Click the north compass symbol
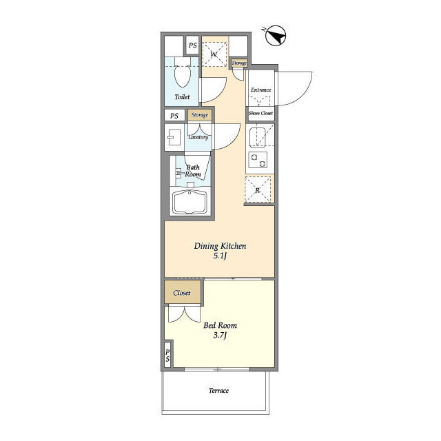[x=276, y=35]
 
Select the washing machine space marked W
[x=214, y=54]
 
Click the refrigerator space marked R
[x=258, y=189]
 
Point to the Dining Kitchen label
[x=220, y=246]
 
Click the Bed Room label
[x=220, y=325]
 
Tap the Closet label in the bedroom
[x=182, y=293]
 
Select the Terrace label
[x=218, y=391]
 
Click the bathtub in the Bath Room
[x=190, y=202]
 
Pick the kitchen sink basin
[x=257, y=137]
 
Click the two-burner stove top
[x=258, y=160]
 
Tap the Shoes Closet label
[x=260, y=113]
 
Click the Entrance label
[x=261, y=90]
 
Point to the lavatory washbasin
[x=174, y=137]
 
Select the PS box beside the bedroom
[x=167, y=356]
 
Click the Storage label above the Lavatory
[x=200, y=115]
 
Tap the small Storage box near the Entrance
[x=239, y=63]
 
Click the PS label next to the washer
[x=193, y=45]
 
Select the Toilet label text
[x=182, y=96]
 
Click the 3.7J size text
[x=220, y=336]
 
